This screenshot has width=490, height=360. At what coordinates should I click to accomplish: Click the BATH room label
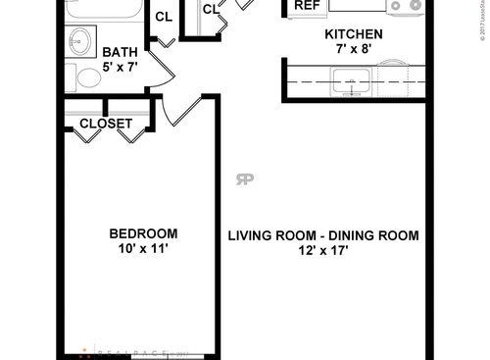coord(120,53)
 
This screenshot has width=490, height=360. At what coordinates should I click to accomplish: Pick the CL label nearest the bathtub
coord(164,17)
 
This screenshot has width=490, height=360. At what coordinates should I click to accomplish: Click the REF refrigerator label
coord(308,5)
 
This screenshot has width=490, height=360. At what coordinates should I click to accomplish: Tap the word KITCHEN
coord(353,34)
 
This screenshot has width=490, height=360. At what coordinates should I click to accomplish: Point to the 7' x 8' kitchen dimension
coord(353,50)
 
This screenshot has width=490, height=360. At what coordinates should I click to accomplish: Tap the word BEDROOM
coord(143,233)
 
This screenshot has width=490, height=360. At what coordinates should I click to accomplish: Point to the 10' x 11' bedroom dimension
coord(143,249)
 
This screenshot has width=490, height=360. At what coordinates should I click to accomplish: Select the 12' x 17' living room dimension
coord(323,251)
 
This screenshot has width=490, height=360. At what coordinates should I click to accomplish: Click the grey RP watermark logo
coord(244,179)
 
